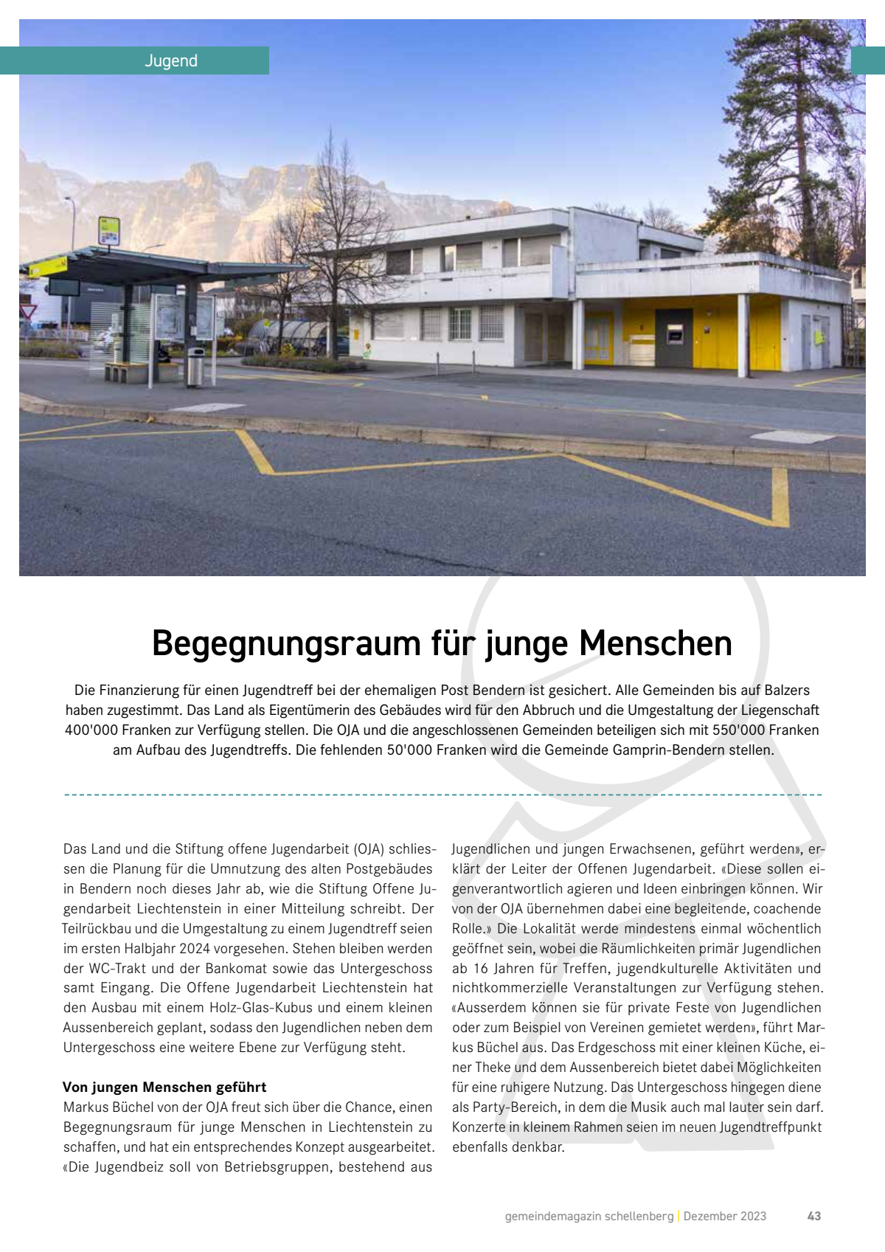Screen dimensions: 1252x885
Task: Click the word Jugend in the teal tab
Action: pos(171,60)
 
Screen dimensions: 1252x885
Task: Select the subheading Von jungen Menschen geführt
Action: pos(164,1087)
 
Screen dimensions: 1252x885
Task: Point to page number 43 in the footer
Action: pos(814,1216)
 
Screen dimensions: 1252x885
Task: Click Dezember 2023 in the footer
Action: pos(725,1216)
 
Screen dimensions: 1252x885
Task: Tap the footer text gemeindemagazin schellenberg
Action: pos(589,1216)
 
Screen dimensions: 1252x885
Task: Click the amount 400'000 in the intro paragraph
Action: pos(91,730)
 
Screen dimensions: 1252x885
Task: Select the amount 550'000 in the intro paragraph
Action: pos(739,730)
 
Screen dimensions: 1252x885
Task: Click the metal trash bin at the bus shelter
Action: pos(195,367)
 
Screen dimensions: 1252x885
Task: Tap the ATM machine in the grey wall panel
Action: pos(674,336)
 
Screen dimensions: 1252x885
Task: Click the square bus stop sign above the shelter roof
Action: pos(109,230)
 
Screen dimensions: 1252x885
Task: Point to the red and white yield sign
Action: pos(28,312)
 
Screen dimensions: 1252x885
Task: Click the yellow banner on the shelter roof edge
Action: pos(49,267)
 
